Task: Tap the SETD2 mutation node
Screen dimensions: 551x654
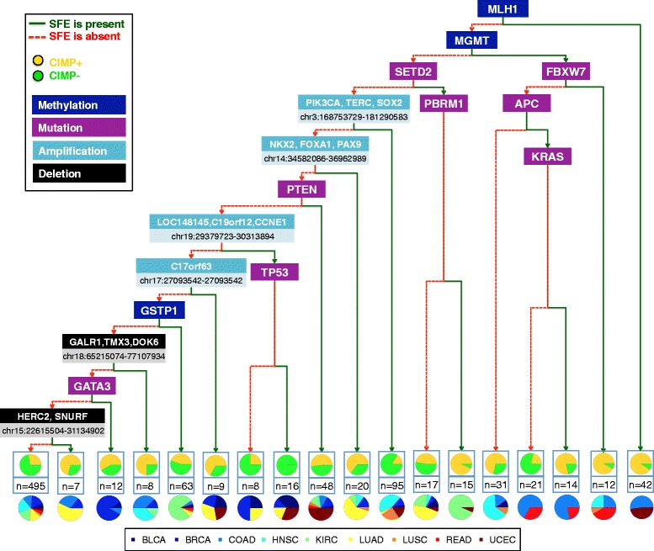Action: point(420,72)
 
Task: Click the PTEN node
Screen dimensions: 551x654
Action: point(301,188)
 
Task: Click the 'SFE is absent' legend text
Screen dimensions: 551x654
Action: point(80,35)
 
